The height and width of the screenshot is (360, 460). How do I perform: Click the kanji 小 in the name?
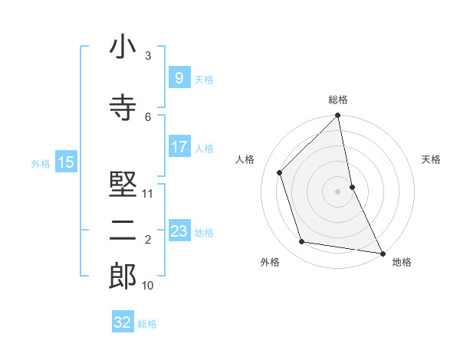[123, 47]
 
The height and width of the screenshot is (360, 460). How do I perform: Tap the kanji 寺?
[123, 106]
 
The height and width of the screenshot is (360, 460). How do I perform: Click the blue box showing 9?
[179, 77]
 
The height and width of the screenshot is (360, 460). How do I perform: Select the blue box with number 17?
[179, 147]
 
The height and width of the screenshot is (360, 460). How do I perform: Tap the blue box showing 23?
[179, 231]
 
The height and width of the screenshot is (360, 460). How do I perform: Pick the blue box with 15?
[66, 162]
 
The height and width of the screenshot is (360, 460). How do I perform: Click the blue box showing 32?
[123, 322]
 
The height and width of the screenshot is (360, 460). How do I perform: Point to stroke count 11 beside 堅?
[148, 194]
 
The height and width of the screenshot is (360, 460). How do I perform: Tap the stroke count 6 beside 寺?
[148, 116]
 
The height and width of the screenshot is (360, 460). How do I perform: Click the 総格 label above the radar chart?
[338, 100]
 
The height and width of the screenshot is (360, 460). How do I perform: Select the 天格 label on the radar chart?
[431, 159]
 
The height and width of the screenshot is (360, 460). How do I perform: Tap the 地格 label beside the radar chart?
[402, 262]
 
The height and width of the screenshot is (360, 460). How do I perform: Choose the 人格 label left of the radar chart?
[245, 159]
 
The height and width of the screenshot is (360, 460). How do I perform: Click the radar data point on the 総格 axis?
[338, 116]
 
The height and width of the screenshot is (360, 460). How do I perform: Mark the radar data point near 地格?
[381, 252]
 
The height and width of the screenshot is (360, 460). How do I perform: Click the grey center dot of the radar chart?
[338, 191]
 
